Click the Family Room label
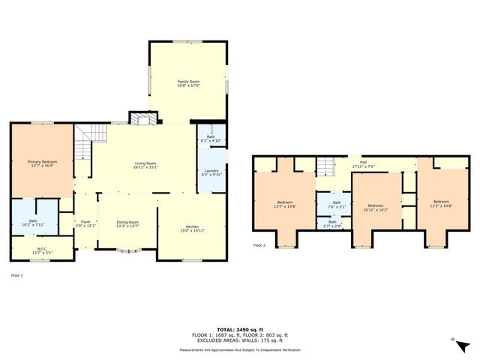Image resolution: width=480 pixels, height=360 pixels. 188,80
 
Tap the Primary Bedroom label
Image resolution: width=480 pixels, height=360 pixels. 42,161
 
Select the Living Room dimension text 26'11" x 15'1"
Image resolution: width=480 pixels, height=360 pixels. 145,166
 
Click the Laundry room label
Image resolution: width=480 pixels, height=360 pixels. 211,171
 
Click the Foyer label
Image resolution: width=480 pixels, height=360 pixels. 85,222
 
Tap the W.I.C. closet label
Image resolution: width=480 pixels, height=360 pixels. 41,249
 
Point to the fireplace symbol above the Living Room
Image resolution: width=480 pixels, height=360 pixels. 142,118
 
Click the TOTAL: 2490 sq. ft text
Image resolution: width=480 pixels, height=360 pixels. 239,329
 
